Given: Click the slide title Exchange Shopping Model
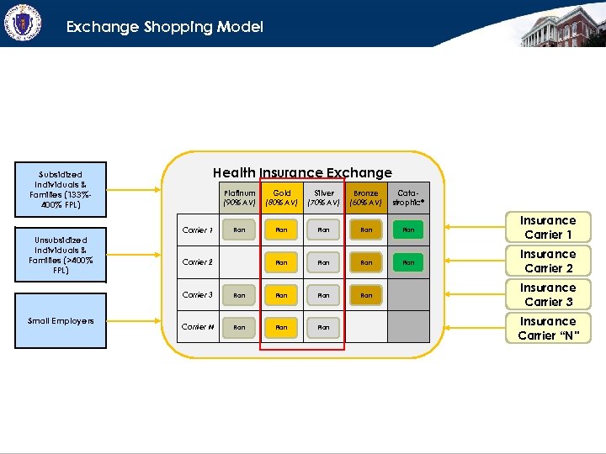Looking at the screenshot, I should tap(165, 27).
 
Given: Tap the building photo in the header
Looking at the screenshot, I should tap(561, 24).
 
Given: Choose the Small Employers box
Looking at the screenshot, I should tap(61, 321).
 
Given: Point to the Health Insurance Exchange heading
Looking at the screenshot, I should tap(302, 172).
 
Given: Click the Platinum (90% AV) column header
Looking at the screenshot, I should tap(239, 198).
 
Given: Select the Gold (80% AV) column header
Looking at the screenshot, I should tap(282, 198).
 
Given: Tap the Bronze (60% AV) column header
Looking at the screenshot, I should tap(366, 198).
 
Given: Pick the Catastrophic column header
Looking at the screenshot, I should tap(408, 198).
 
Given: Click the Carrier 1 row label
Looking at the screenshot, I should tap(197, 230).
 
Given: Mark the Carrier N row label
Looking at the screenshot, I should tap(197, 327).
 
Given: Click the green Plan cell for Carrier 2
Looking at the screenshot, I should tap(408, 262).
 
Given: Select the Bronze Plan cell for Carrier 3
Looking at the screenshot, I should tap(366, 295).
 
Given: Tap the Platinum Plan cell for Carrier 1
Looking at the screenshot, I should tap(239, 230).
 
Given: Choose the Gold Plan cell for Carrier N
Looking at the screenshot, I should tap(282, 327).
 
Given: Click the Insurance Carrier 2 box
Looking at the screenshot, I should tap(547, 261).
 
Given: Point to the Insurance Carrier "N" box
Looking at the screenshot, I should tap(547, 328).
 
